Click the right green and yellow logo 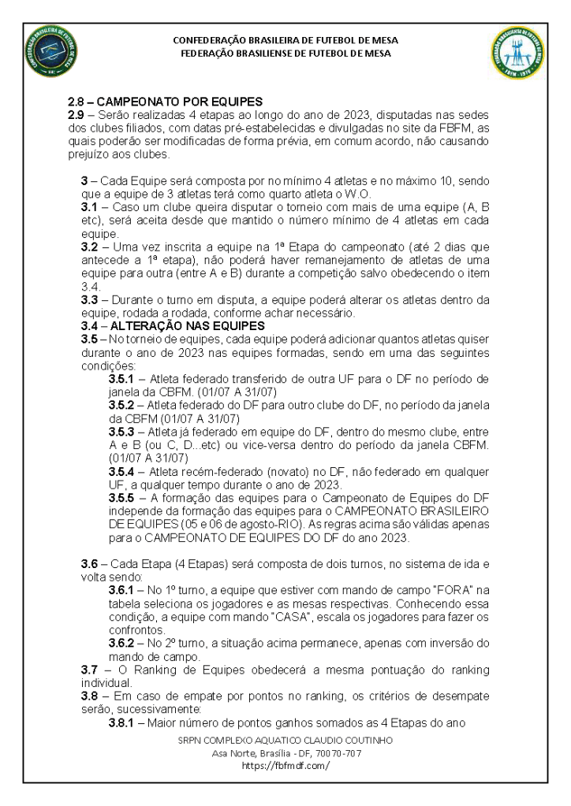(517, 54)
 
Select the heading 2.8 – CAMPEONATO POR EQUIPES (165, 102)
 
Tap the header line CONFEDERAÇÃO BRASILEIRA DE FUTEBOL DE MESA (285, 39)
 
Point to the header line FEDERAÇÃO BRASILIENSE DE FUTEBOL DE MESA (285, 54)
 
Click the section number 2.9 (77, 115)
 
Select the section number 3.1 (90, 206)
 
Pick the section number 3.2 (90, 246)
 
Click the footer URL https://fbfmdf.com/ (285, 765)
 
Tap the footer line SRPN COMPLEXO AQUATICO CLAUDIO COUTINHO (285, 741)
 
